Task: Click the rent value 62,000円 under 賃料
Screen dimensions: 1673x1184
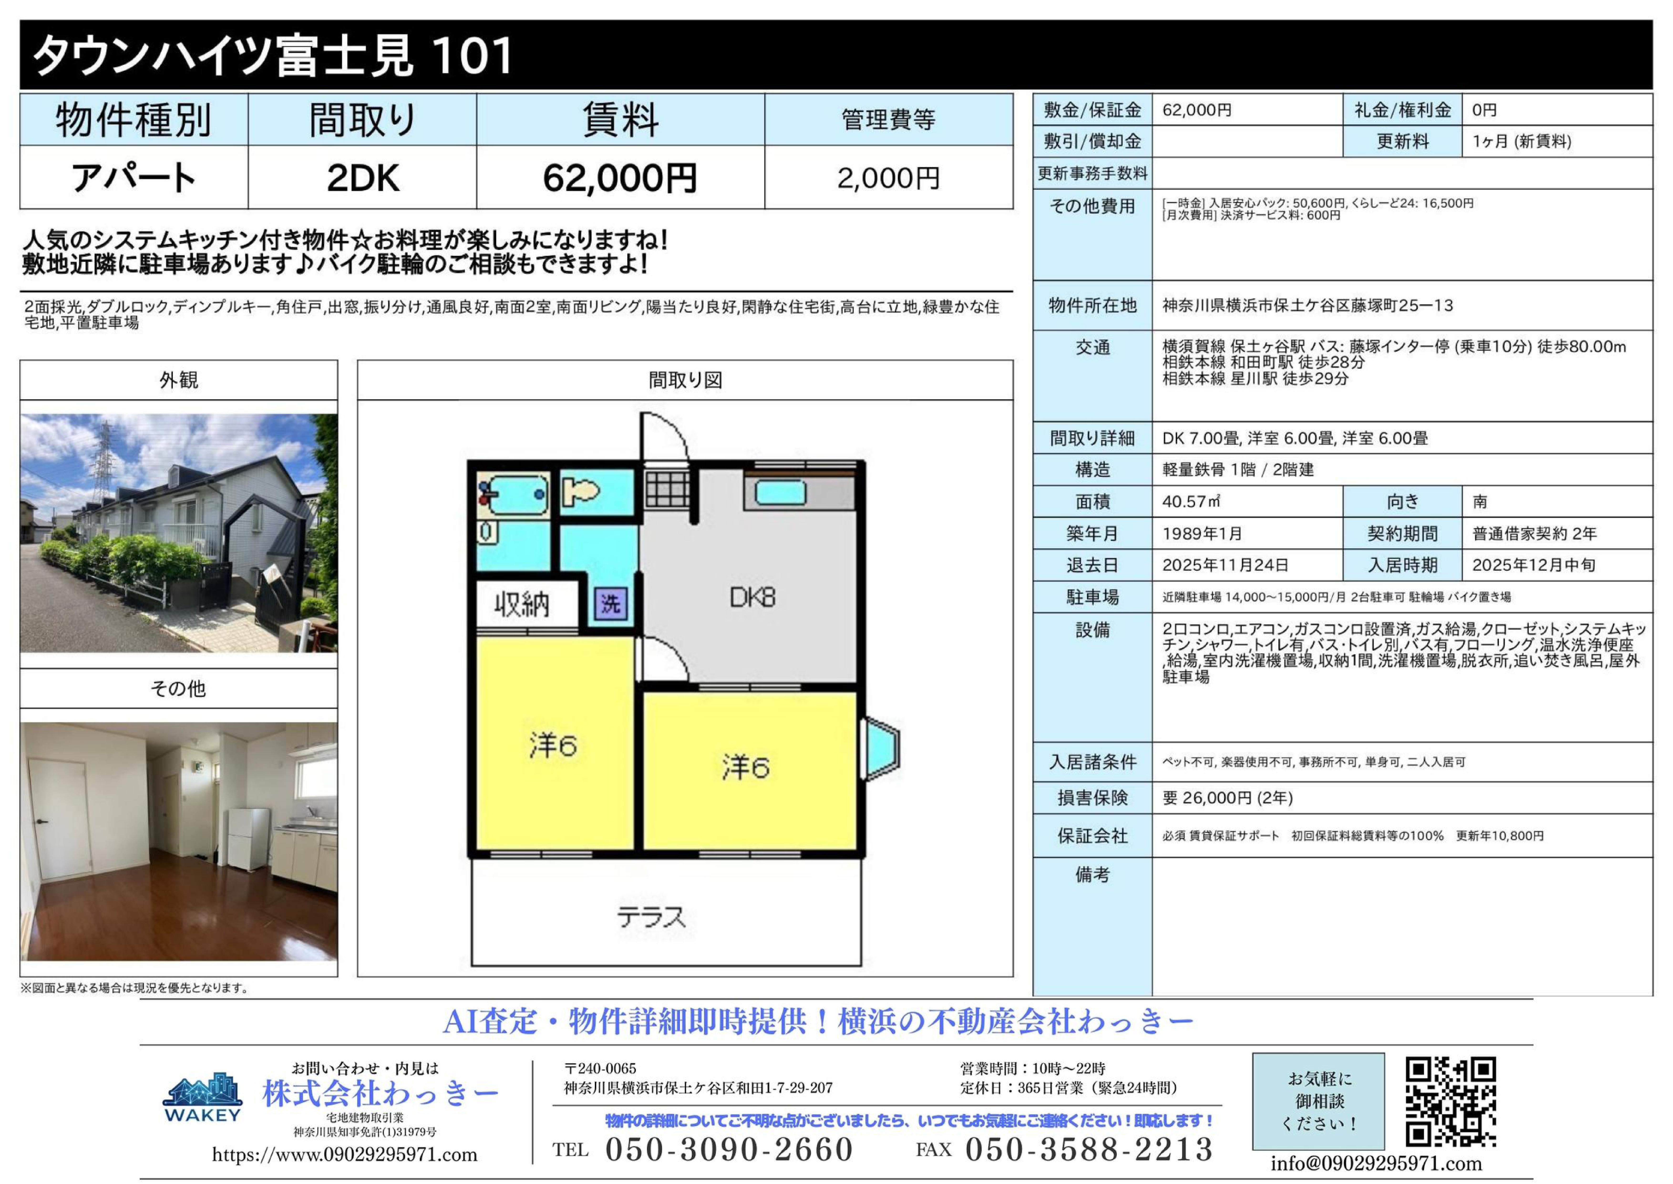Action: click(620, 178)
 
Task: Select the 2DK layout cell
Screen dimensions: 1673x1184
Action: click(363, 178)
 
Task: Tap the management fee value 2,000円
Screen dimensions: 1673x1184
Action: click(888, 178)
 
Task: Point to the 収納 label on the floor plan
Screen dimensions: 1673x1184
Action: click(522, 604)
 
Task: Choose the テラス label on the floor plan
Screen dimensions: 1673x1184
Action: click(651, 917)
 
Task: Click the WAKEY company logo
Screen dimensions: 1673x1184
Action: click(203, 1097)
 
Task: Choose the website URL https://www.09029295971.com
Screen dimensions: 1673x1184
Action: click(345, 1155)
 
